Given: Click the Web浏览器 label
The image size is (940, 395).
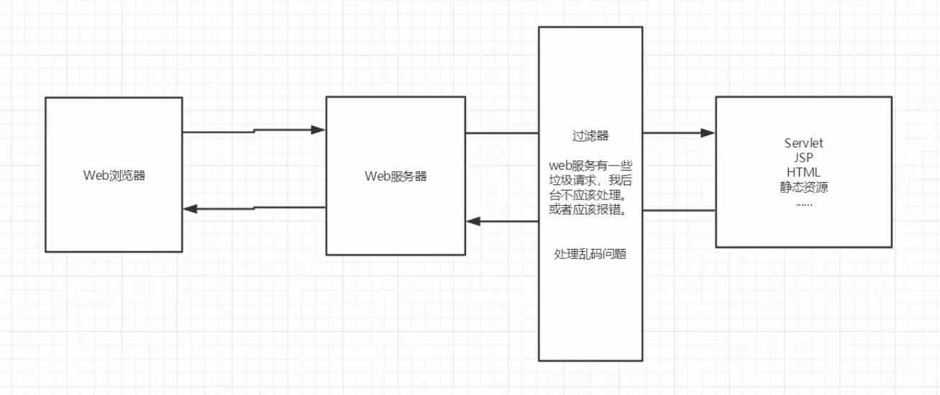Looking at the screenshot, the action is [114, 176].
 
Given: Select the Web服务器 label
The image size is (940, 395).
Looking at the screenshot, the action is [396, 176].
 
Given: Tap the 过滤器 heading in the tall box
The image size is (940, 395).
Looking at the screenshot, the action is [590, 136].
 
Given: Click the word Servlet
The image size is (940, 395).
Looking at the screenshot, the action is [803, 143].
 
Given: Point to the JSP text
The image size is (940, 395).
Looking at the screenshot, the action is [803, 158].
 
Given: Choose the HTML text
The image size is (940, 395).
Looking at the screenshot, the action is [803, 172].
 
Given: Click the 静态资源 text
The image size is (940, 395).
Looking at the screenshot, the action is [804, 187].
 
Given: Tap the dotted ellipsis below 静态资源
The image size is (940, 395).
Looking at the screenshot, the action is [804, 204].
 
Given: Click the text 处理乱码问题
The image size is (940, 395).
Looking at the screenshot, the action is [590, 254].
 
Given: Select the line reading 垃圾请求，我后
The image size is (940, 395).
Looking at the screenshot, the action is [590, 181].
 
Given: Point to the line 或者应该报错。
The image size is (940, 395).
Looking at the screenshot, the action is [589, 210].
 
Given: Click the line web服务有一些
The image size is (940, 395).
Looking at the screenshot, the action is [590, 165].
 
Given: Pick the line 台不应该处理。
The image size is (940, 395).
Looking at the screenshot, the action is [589, 195].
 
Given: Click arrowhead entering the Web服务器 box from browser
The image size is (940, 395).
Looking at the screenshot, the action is [318, 130].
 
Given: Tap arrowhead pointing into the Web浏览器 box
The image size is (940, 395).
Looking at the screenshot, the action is [190, 209].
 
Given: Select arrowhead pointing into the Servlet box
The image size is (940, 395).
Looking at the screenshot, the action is [708, 133].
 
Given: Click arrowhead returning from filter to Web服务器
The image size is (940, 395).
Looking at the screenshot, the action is [473, 221].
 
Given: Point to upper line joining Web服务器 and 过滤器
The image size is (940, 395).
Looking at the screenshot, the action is [502, 133].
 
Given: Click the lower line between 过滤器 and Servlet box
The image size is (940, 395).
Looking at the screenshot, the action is [679, 210].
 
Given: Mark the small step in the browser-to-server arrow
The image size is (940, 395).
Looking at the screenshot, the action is [255, 131].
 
